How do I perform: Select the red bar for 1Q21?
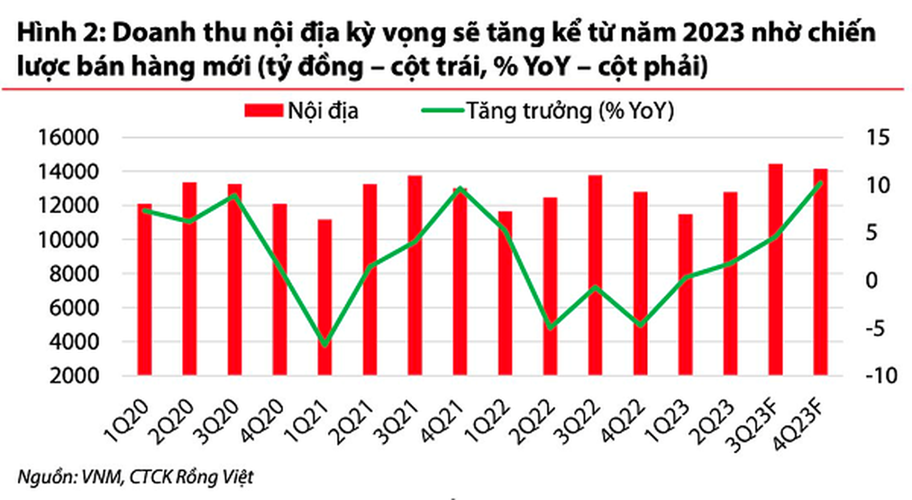click(324, 296)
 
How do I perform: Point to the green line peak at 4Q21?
click(461, 188)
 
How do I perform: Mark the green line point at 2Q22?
click(550, 327)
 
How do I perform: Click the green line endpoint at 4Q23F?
click(820, 183)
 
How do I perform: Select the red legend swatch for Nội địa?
click(263, 110)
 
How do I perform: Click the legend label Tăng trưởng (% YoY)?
click(570, 110)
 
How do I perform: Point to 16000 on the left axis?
click(67, 137)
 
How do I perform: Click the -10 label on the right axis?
click(881, 376)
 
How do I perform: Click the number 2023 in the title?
click(714, 33)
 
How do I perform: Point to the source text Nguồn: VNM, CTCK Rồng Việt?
click(135, 477)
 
